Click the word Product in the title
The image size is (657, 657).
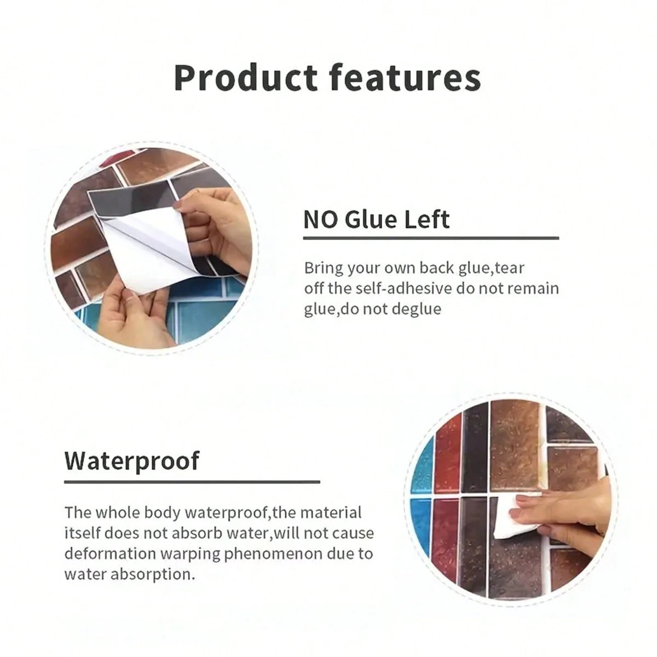coord(245,78)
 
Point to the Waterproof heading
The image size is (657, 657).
coord(131,462)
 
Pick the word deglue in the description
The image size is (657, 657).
coord(417,309)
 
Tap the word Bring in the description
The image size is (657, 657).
coord(324,268)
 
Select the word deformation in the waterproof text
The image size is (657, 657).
coord(110,554)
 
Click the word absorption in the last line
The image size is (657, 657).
coord(154,574)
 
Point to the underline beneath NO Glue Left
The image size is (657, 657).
coord(431,238)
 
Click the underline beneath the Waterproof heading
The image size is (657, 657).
coord(192,482)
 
